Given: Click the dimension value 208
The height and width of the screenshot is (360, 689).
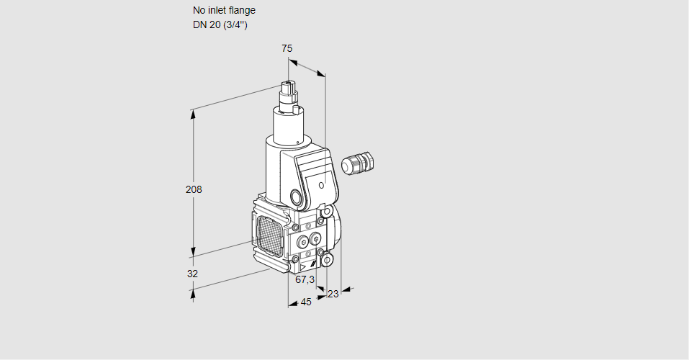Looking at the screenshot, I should click(x=194, y=190).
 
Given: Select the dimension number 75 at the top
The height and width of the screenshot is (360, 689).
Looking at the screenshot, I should click(x=287, y=48).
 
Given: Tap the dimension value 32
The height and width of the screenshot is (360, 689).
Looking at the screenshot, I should click(x=192, y=274).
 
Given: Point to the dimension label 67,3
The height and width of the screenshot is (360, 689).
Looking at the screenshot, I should click(x=305, y=279).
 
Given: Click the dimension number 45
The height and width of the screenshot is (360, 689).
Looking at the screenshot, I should click(x=306, y=302).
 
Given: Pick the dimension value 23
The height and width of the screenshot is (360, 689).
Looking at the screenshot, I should click(x=333, y=294).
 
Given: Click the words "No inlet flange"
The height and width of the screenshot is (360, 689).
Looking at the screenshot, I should click(x=224, y=11).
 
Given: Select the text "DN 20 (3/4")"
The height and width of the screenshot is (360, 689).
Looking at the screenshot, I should click(x=220, y=25).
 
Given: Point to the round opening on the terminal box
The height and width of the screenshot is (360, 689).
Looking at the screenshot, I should click(x=297, y=197).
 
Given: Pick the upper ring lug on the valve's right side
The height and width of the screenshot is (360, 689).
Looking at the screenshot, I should click(x=327, y=212).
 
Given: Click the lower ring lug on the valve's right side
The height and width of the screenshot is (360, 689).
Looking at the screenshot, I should click(x=327, y=258).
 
